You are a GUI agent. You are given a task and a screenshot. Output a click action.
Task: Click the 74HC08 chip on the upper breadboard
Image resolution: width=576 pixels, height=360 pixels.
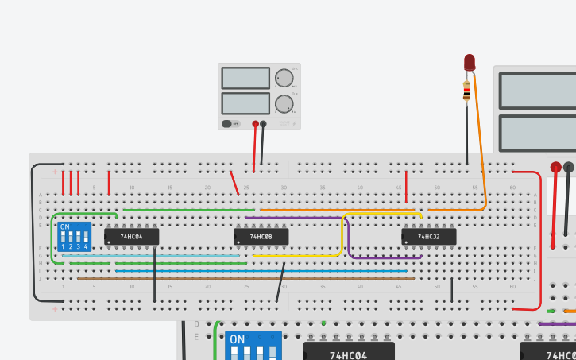tap(261, 237)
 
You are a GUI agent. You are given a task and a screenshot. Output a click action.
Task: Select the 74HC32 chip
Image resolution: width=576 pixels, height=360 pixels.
tap(428, 237)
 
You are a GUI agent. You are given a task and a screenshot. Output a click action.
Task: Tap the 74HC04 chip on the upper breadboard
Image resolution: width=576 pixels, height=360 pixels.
tap(132, 237)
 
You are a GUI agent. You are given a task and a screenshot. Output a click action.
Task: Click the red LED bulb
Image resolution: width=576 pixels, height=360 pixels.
tap(469, 62)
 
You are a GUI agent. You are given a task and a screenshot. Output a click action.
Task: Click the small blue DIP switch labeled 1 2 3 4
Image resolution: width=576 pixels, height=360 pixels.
tap(75, 237)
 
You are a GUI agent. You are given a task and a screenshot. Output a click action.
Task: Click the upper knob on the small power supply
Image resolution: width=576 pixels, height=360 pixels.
tap(284, 78)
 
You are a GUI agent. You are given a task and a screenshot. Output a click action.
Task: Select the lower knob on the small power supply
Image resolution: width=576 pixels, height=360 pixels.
tap(284, 103)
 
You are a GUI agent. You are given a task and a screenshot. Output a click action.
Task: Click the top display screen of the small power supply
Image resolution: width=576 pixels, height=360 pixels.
tap(245, 78)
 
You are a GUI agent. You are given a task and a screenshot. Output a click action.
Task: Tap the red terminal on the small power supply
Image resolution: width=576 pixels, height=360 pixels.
tap(255, 124)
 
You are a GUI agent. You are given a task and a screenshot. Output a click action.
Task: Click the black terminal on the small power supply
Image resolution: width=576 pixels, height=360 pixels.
tap(264, 124)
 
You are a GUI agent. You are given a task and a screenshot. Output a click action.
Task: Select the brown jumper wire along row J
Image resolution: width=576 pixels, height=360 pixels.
tap(238, 278)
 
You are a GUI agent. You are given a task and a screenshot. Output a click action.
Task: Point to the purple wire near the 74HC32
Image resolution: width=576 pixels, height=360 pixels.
tap(381, 258)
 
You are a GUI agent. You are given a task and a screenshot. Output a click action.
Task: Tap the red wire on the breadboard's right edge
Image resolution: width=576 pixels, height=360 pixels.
tap(539, 238)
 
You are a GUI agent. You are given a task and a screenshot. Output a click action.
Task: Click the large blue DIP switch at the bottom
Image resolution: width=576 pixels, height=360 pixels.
tap(253, 346)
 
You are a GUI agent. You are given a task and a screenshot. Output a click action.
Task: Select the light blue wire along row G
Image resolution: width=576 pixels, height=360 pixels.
tap(159, 256)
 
